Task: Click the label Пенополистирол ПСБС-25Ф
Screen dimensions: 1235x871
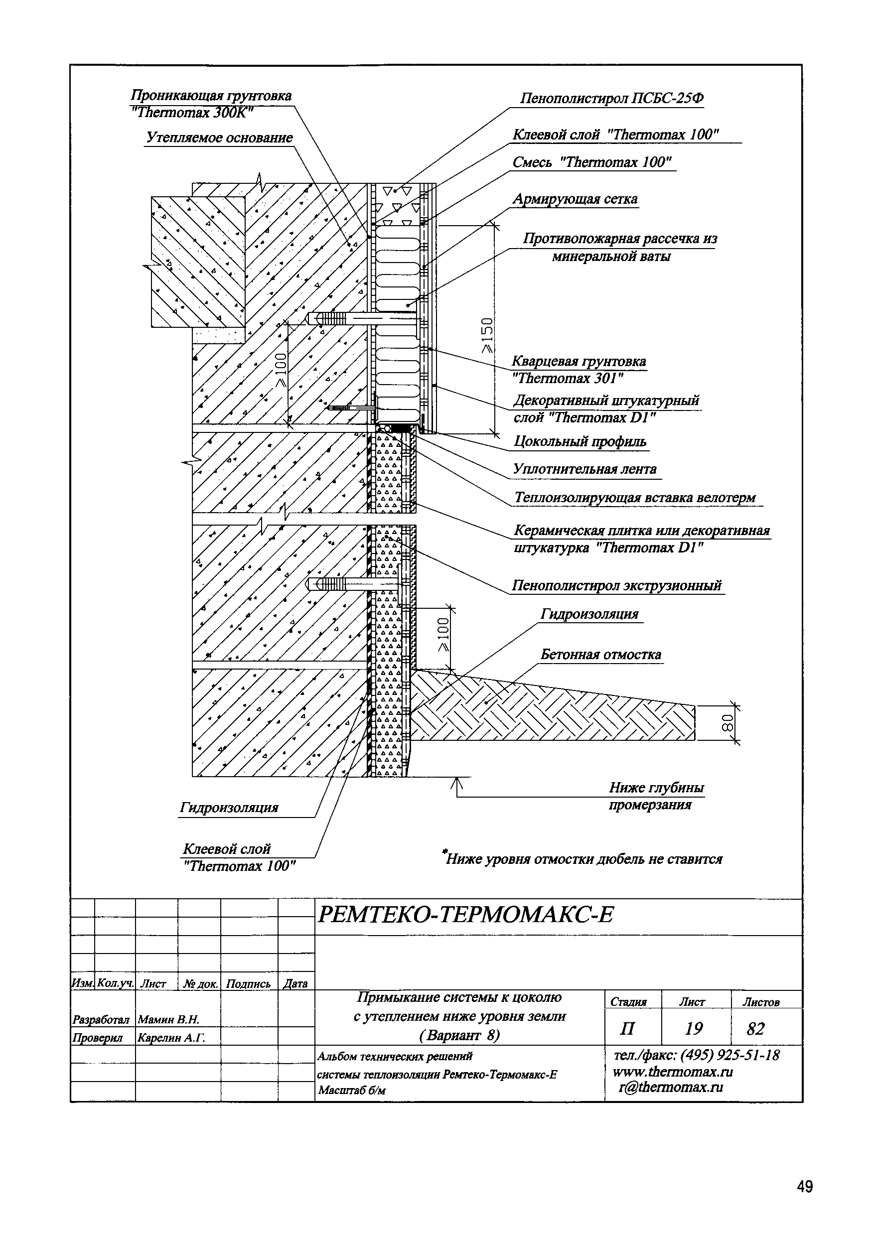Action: (x=612, y=99)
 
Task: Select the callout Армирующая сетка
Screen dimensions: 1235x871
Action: (x=575, y=199)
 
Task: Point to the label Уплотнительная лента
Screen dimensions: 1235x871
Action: (x=585, y=469)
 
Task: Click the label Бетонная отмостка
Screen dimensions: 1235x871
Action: (x=600, y=655)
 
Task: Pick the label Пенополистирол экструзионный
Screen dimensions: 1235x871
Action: (x=616, y=585)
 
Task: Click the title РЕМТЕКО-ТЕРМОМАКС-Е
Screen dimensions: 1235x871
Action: (x=465, y=914)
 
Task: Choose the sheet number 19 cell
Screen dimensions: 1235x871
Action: (x=694, y=1028)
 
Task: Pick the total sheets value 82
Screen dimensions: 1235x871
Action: (x=755, y=1028)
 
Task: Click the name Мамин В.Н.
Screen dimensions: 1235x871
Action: (x=169, y=1019)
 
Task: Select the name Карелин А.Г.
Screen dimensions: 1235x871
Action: (x=171, y=1038)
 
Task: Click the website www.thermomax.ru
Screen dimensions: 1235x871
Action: (x=673, y=1072)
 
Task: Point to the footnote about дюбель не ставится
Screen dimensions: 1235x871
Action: (x=583, y=859)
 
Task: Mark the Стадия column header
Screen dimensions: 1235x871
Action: (x=628, y=1002)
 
